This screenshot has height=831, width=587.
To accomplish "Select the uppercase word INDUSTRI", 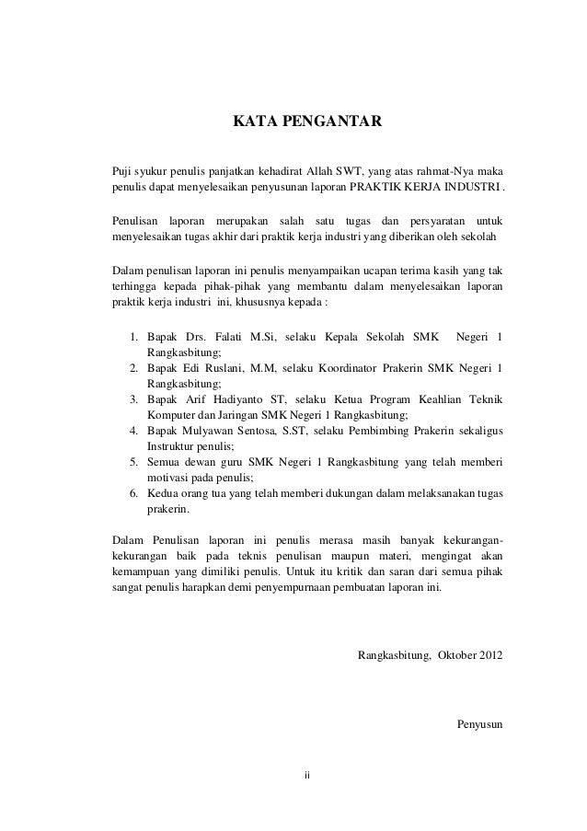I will pyautogui.click(x=471, y=189).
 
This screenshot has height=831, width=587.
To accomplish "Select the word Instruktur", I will pyautogui.click(x=171, y=445).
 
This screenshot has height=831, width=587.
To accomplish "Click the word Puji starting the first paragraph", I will pyautogui.click(x=120, y=171).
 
